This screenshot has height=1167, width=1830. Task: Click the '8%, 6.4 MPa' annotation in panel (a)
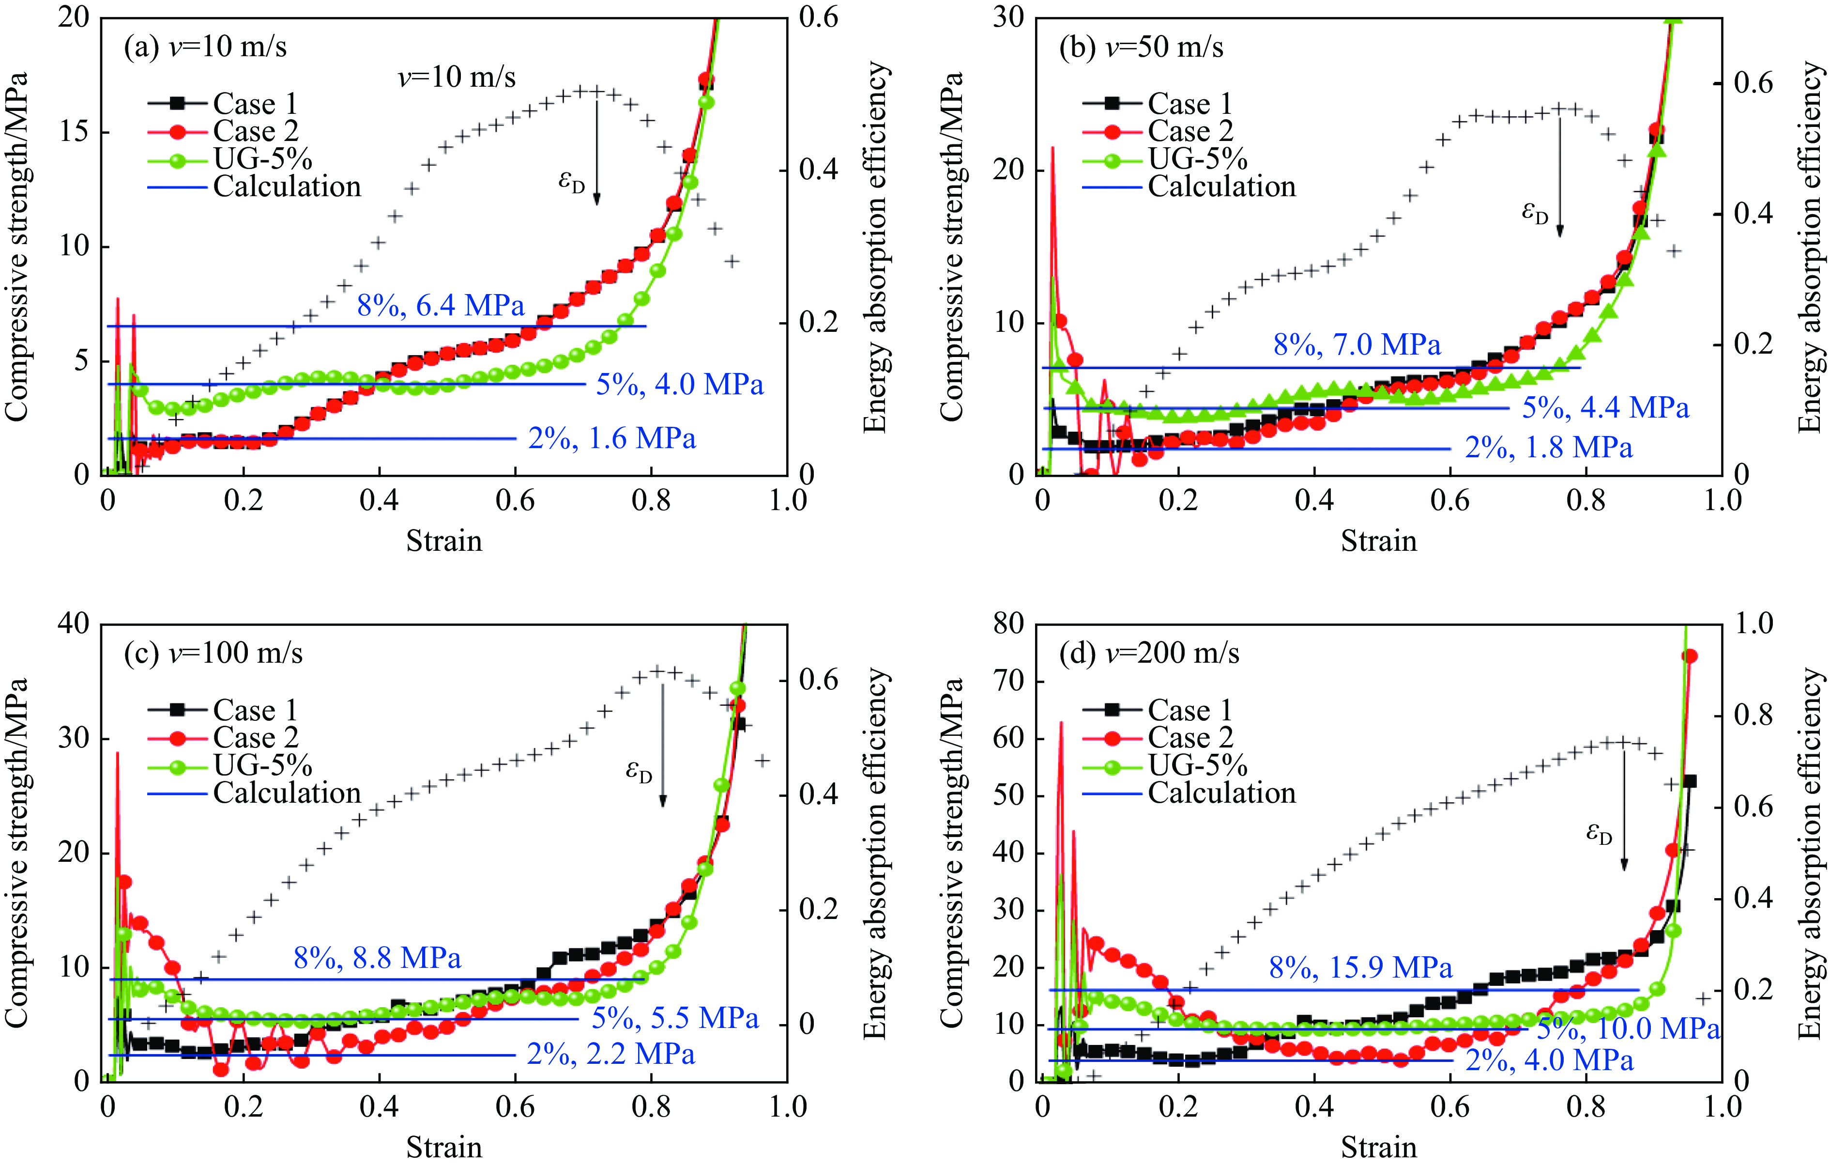pyautogui.click(x=441, y=306)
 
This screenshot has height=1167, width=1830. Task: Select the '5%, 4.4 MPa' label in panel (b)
pyautogui.click(x=1605, y=408)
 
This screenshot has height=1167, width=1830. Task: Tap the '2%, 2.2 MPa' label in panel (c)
pyautogui.click(x=611, y=1055)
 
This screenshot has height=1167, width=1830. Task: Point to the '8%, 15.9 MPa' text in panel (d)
pyautogui.click(x=1360, y=968)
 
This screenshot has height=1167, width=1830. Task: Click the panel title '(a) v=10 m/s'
pyautogui.click(x=205, y=47)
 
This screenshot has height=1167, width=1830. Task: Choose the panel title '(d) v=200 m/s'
pyautogui.click(x=1149, y=653)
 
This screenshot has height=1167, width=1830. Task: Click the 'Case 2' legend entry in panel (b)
pyautogui.click(x=1190, y=131)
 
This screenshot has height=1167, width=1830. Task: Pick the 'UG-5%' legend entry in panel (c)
pyautogui.click(x=263, y=765)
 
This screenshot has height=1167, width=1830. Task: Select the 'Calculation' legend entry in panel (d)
pyautogui.click(x=1221, y=793)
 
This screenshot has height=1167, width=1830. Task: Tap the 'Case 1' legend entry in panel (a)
pyautogui.click(x=255, y=103)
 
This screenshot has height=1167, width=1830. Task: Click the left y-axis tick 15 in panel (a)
pyautogui.click(x=74, y=132)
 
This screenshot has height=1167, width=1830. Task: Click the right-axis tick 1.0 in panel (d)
pyautogui.click(x=1753, y=624)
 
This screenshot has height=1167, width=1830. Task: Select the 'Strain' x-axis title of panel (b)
pyautogui.click(x=1379, y=541)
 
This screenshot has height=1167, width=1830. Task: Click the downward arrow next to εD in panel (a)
pyautogui.click(x=596, y=152)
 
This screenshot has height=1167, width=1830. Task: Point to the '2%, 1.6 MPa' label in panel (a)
pyautogui.click(x=612, y=439)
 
